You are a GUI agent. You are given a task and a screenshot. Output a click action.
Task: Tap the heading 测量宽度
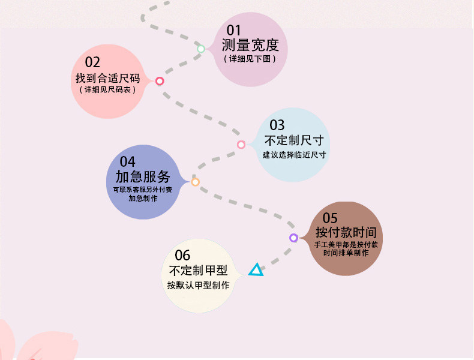tap(250, 45)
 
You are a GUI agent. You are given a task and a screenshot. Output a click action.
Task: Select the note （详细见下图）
tap(250, 59)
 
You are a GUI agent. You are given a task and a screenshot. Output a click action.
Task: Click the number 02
tap(92, 62)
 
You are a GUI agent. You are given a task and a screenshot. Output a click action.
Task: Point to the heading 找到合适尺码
tap(107, 78)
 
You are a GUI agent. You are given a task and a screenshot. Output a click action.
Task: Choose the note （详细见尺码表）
tap(107, 90)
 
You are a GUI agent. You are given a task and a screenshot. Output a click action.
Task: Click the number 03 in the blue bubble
tap(277, 125)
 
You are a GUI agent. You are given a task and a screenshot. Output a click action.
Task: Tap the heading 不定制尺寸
tap(294, 140)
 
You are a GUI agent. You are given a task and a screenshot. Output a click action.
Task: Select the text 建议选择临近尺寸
tap(294, 155)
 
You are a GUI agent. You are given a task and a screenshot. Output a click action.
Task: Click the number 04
tap(127, 161)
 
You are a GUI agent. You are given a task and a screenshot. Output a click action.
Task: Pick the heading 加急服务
tap(143, 177)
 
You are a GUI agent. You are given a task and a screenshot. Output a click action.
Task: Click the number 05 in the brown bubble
tap(330, 218)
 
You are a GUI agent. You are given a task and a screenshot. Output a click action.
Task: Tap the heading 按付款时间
tap(346, 233)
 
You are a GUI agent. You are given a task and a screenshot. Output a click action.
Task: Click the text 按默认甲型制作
tap(198, 286)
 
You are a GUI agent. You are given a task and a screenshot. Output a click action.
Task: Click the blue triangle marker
tap(256, 271)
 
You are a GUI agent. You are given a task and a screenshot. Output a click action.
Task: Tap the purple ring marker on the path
tap(293, 238)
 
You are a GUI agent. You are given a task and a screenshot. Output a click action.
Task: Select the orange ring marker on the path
tap(195, 182)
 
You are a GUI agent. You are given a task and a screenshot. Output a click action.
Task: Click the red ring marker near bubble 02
tap(160, 81)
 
